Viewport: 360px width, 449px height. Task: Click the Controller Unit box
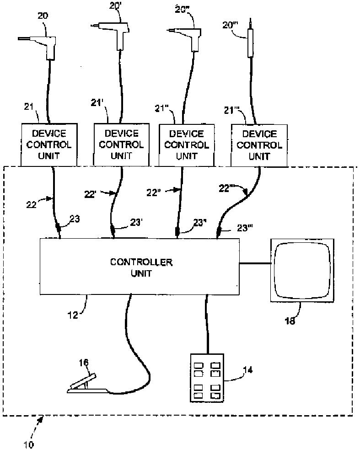coord(140,267)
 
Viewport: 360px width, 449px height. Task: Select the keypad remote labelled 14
coord(207,378)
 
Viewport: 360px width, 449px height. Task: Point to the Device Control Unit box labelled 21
coord(49,144)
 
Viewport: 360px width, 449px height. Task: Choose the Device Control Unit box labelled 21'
coord(121,144)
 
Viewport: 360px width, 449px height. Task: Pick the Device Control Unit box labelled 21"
coord(187,145)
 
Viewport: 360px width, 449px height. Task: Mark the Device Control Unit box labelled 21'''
coord(259,145)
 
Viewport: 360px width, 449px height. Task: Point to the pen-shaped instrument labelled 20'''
coord(251,39)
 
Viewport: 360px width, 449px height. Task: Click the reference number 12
coord(73,315)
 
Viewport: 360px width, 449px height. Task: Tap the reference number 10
coord(29,444)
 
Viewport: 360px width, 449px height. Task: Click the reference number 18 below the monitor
coord(290,321)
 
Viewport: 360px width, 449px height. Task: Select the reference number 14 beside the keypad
coord(248,370)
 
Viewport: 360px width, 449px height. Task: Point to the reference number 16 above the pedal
coord(84,363)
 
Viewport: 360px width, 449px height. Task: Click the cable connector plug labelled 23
coord(59,230)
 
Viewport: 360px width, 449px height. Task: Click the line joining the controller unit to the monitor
coord(255,263)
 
